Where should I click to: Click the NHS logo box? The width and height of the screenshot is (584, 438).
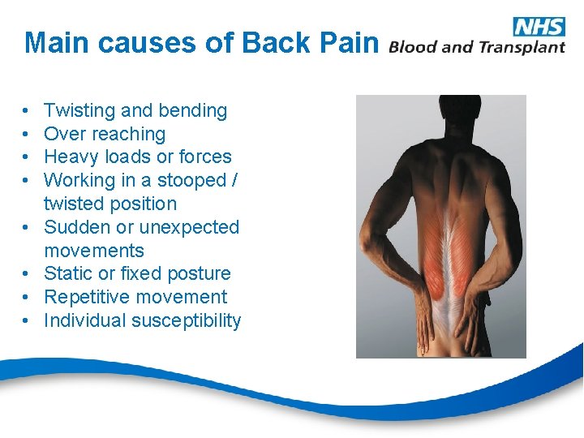coord(539,26)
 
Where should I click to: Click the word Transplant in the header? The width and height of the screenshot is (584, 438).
coord(521,47)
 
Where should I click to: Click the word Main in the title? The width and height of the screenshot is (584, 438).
coord(53,43)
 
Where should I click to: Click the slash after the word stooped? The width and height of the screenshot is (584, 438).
coord(235,181)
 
